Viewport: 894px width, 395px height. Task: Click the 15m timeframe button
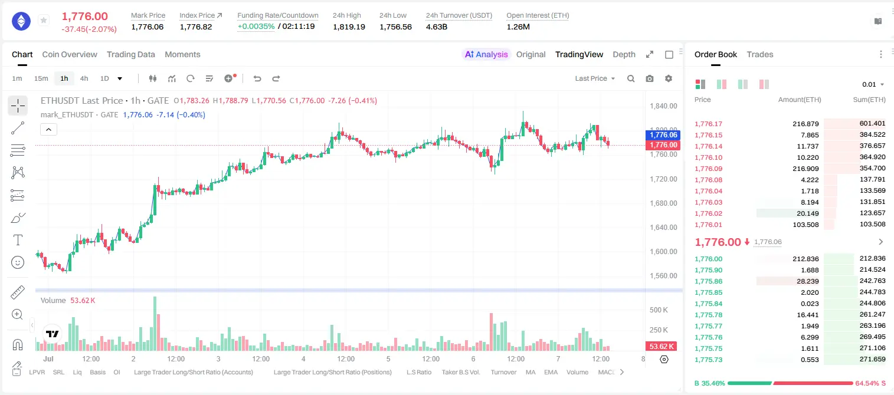[x=41, y=78]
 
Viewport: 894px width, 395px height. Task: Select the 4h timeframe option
[x=84, y=78]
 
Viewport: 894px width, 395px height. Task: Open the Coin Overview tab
[x=70, y=54]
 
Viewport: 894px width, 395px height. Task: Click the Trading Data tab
[x=130, y=54]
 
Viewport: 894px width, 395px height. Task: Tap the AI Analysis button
[x=486, y=54]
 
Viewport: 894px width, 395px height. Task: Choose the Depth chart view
[x=624, y=54]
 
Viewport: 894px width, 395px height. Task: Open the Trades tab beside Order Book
[x=760, y=54]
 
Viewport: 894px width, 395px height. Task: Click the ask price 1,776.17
[x=708, y=124]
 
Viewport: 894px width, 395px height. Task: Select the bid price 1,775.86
[x=708, y=281]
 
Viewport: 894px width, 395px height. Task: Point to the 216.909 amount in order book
[x=805, y=169]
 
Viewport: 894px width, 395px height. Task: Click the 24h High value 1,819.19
[x=349, y=27]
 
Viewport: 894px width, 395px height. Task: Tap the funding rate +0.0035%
[x=256, y=27]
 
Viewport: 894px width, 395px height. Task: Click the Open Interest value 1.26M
[x=518, y=27]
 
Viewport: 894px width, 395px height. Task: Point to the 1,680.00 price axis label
[x=663, y=203]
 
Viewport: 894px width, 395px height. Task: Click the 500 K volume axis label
[x=659, y=310]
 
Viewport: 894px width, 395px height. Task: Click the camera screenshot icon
[x=650, y=78]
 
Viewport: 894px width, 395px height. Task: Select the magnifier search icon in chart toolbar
[x=631, y=78]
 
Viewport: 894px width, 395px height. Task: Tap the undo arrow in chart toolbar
[x=257, y=78]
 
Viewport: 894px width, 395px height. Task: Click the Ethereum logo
[x=21, y=21]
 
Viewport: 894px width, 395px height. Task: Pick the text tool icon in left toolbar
[x=18, y=240]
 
